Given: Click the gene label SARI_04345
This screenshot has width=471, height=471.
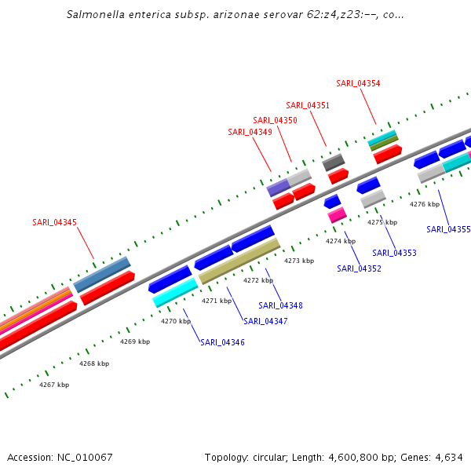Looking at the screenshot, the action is pyautogui.click(x=54, y=222).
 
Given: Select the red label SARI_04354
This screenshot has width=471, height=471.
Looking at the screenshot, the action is pyautogui.click(x=358, y=83).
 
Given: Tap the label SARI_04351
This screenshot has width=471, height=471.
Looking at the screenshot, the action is pyautogui.click(x=308, y=105).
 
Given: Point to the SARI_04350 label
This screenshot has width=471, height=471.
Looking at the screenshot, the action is pyautogui.click(x=275, y=120).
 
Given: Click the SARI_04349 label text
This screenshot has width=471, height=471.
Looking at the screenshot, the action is pyautogui.click(x=250, y=132).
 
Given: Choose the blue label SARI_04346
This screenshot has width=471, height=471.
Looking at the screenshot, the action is pyautogui.click(x=222, y=342).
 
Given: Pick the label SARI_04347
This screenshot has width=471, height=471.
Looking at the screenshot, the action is pyautogui.click(x=265, y=321).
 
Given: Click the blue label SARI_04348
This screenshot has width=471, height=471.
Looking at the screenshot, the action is pyautogui.click(x=280, y=305).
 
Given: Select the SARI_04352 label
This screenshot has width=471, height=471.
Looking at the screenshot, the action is pyautogui.click(x=359, y=268).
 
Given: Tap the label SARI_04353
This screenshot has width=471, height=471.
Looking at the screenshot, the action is pyautogui.click(x=394, y=253).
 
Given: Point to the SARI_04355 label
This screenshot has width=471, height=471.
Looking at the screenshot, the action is pyautogui.click(x=448, y=229).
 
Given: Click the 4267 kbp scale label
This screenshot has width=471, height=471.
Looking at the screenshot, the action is pyautogui.click(x=54, y=385).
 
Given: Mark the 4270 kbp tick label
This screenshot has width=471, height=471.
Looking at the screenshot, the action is pyautogui.click(x=176, y=321).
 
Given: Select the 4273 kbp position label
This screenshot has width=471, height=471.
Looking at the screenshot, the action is pyautogui.click(x=298, y=261).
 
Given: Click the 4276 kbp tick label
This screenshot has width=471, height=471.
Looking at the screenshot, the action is pyautogui.click(x=424, y=204).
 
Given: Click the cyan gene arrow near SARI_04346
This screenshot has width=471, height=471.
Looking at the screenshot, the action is pyautogui.click(x=175, y=292).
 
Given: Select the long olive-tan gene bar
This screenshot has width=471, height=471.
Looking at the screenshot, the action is pyautogui.click(x=239, y=261).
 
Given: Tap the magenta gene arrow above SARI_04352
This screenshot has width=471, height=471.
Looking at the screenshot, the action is pyautogui.click(x=337, y=214).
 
